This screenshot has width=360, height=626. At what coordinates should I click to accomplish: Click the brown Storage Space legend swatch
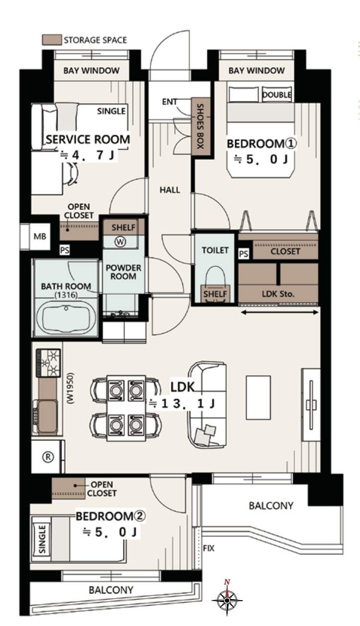(52, 40)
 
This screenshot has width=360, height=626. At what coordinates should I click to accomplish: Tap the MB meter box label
(40, 236)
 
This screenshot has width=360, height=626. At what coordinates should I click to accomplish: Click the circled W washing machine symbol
(120, 241)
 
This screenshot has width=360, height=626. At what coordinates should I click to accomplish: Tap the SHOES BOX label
(200, 126)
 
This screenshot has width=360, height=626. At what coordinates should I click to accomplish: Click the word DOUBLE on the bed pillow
(276, 95)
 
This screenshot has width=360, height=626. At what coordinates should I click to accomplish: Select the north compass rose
(227, 600)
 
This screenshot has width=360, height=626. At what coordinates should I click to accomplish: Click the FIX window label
(209, 548)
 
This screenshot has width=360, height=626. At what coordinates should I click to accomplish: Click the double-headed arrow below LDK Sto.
(279, 312)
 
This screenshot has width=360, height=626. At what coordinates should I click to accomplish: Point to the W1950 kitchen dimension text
(71, 388)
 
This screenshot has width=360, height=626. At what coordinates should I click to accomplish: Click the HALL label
(170, 190)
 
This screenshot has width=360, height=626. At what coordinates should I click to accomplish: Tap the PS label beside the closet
(243, 254)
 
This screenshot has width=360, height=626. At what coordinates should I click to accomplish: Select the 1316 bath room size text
(66, 295)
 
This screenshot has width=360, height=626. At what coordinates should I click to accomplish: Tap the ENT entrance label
(169, 102)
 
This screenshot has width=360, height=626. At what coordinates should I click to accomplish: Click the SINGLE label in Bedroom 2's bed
(42, 535)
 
